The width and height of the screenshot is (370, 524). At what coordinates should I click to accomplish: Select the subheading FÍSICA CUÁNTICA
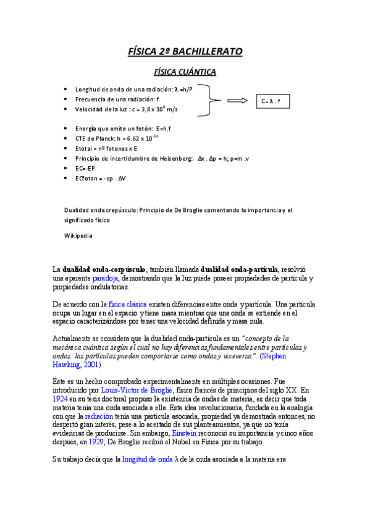(185, 72)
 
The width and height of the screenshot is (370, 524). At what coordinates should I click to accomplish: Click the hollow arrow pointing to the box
(238, 101)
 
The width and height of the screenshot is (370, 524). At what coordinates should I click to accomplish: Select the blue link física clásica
(125, 305)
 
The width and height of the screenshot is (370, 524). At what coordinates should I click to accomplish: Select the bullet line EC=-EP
(85, 168)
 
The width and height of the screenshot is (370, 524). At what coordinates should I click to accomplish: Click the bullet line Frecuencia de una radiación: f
(117, 99)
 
